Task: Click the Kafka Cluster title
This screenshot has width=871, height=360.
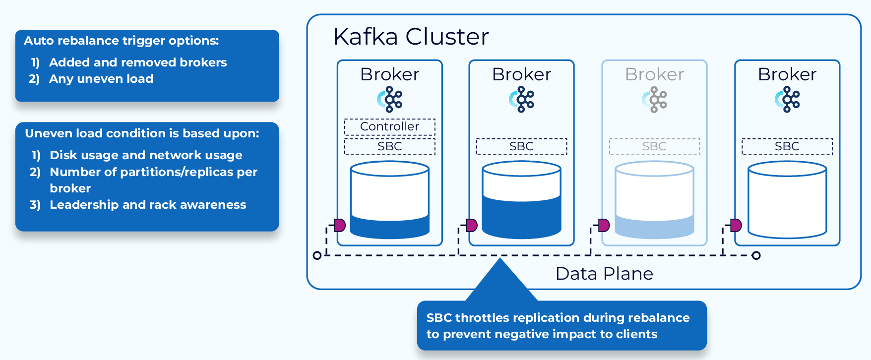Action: [x=411, y=37]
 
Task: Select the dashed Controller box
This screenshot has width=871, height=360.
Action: [x=389, y=127]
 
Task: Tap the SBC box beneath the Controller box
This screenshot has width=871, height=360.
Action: [x=389, y=146]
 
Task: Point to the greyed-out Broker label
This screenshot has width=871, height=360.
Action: [x=654, y=74]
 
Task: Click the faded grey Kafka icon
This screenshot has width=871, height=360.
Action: [x=654, y=100]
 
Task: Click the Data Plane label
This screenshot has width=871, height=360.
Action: [x=604, y=274]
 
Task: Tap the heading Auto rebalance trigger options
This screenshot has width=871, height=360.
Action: [x=122, y=41]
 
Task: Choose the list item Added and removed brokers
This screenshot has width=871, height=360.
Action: [x=138, y=62]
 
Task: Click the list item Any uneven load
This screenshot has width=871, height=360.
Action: [x=101, y=79]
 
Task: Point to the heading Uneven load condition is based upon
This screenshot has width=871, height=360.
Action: [x=142, y=133]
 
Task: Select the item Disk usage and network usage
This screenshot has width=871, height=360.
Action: [x=146, y=155]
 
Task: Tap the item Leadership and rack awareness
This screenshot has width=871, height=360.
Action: [x=148, y=205]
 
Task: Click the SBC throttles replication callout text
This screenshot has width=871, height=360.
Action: [x=558, y=326]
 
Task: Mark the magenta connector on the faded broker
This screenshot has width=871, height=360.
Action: [x=604, y=226]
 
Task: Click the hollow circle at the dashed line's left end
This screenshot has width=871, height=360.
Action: [x=317, y=255]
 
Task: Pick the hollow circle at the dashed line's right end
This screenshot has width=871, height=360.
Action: [x=756, y=255]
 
